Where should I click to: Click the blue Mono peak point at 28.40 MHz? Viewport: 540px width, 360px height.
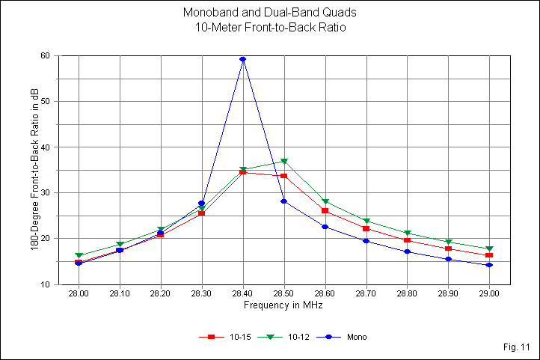243,59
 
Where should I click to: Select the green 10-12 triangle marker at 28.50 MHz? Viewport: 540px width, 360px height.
284,161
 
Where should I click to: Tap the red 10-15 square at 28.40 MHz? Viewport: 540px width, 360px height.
243,172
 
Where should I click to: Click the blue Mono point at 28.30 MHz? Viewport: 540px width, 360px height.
202,204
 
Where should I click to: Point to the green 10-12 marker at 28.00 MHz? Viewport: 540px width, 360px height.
79,256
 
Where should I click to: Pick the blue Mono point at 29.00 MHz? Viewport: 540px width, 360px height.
489,265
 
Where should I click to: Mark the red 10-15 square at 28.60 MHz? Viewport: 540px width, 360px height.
325,210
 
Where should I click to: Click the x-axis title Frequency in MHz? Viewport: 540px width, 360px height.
283,305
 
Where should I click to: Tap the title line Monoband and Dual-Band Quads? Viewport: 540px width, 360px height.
269,13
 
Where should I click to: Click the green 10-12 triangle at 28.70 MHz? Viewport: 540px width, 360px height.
366,222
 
